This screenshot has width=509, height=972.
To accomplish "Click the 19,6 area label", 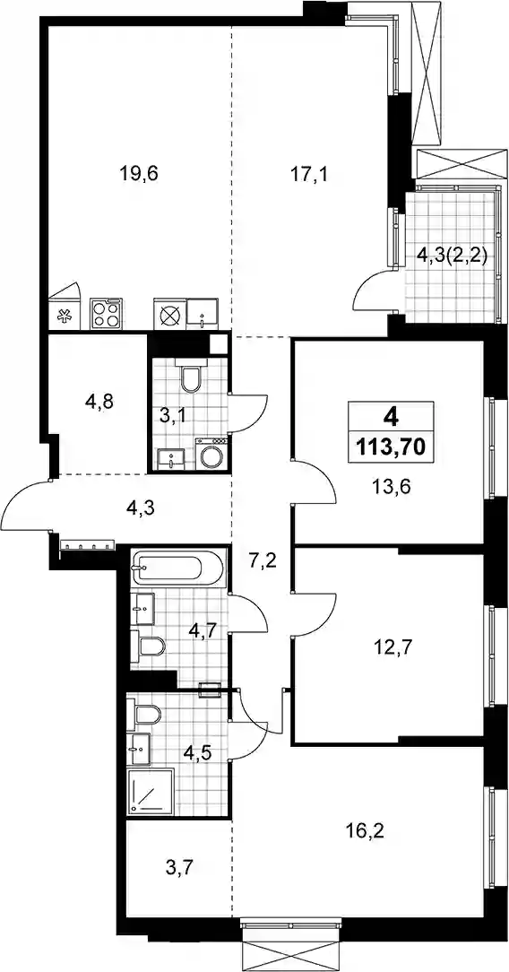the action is (x=139, y=173).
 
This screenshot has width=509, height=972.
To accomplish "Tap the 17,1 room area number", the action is (x=309, y=173).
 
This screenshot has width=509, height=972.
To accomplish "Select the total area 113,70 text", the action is (x=391, y=445).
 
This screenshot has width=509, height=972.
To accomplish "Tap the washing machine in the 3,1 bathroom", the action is (x=212, y=455).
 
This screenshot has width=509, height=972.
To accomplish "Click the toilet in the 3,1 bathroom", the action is (x=188, y=375).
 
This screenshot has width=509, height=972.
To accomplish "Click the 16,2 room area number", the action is (x=365, y=830).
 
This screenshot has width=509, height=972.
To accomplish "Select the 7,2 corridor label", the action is (x=262, y=563).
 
